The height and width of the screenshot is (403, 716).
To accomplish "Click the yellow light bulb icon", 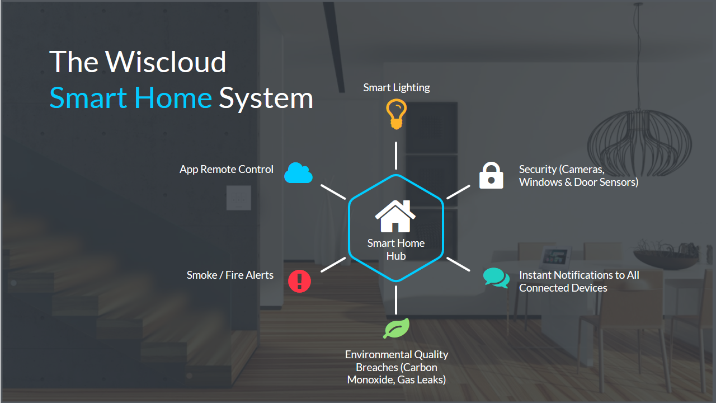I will (x=396, y=114).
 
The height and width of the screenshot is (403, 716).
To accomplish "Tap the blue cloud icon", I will (x=298, y=173).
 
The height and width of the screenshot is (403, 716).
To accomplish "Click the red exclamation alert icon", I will (x=299, y=280).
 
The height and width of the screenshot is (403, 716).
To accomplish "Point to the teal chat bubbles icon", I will (x=496, y=278).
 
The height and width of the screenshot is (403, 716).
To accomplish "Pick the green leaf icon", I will (x=396, y=328).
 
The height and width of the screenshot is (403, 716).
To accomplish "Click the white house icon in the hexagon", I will (x=395, y=217).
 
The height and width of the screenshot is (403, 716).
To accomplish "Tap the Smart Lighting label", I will (x=396, y=87).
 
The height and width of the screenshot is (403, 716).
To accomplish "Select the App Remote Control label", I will (x=227, y=169).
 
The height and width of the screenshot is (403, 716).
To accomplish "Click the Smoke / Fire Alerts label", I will (x=230, y=275).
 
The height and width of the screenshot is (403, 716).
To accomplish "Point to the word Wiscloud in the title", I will (x=166, y=62).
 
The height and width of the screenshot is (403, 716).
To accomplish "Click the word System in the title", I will (x=266, y=98).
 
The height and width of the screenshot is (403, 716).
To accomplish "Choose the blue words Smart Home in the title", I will (x=130, y=98).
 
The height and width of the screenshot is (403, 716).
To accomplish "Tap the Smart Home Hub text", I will (x=395, y=249).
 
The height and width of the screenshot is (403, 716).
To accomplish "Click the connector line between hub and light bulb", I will (x=396, y=155).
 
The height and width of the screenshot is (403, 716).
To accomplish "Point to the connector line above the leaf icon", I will (x=396, y=299).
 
